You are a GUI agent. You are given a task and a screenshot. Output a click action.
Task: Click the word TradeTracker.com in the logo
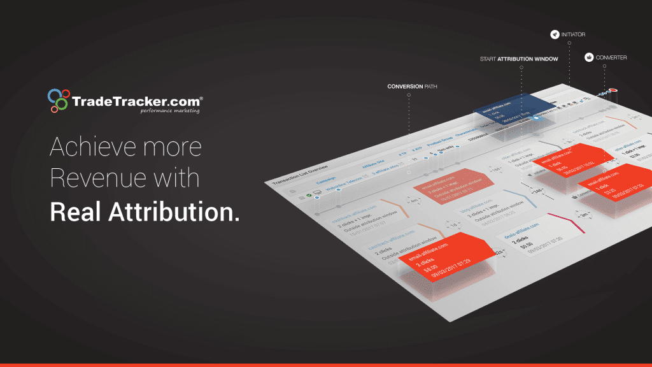pyautogui.click(x=137, y=101)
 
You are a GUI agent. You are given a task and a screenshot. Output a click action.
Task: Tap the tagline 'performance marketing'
pyautogui.click(x=170, y=111)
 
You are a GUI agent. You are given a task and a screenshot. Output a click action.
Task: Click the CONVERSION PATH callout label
pyautogui.click(x=412, y=86)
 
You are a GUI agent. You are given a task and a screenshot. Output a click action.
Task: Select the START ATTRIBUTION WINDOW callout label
pyautogui.click(x=519, y=59)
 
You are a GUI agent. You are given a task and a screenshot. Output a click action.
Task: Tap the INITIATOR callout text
pyautogui.click(x=574, y=34)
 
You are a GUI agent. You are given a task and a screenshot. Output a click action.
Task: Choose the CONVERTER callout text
pyautogui.click(x=611, y=57)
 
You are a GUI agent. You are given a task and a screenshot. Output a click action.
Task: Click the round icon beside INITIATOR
pyautogui.click(x=555, y=34)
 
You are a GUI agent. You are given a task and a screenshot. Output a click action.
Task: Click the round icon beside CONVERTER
pyautogui.click(x=590, y=57)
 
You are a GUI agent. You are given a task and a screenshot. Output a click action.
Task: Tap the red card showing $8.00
pyautogui.click(x=439, y=259)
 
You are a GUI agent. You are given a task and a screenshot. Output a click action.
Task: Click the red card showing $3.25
pyautogui.click(x=608, y=185)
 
